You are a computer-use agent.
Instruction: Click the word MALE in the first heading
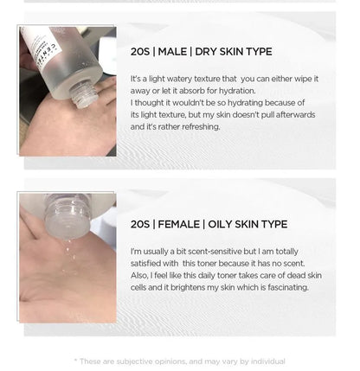[x=172, y=52]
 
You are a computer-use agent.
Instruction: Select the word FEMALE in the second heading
[x=178, y=224]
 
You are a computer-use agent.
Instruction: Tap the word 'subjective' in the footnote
[x=134, y=361]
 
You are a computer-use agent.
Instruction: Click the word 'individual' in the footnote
[x=268, y=361]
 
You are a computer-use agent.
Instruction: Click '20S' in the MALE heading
[x=140, y=52]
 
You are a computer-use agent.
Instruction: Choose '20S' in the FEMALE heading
[x=140, y=224]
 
